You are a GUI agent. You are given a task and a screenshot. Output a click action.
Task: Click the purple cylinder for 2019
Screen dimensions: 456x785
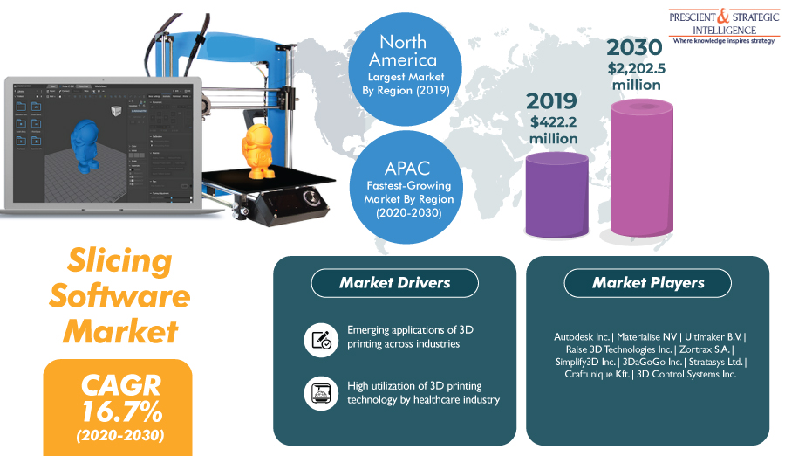coord(556,194)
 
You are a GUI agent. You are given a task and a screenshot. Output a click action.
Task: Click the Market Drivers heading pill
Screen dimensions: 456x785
coord(395,283)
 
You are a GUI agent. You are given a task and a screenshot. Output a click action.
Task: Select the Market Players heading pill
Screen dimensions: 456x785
coord(648,283)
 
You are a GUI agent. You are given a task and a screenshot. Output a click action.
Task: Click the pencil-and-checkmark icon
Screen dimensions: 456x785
coord(320,338)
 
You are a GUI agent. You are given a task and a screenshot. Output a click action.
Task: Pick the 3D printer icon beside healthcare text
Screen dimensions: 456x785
coord(320,392)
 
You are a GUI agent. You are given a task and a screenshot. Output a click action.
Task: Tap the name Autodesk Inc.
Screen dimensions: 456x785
coord(582,336)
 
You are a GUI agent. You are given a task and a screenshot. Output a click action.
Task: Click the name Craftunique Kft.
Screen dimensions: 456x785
coord(591,374)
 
